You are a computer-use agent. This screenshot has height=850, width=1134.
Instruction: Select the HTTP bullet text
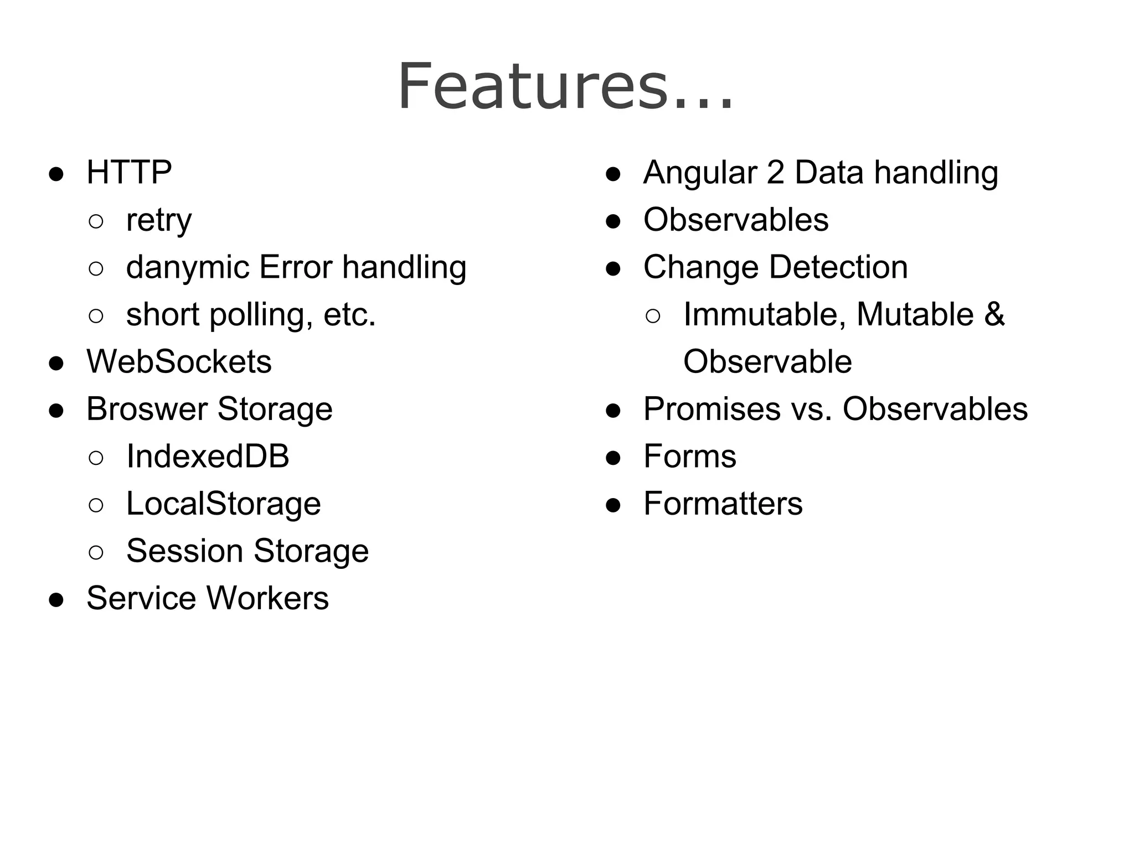coord(129,172)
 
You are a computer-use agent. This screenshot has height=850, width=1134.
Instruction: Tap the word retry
coord(159,220)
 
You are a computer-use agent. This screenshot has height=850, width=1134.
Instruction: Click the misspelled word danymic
coord(188,268)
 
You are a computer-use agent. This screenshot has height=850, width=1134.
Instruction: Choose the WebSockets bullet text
coord(179,362)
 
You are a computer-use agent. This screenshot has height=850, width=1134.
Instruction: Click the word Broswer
coord(147,410)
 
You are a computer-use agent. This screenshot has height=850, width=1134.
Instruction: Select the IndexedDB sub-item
coord(208,457)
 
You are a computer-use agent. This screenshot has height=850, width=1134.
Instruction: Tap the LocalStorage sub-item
coord(223,504)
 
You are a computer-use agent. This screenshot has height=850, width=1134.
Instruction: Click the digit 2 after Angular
coord(775,172)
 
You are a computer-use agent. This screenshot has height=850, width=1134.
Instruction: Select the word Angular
coord(699,172)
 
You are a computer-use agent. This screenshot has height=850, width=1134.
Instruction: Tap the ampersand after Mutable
coord(994,314)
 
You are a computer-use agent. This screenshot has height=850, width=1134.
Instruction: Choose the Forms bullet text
coord(689,457)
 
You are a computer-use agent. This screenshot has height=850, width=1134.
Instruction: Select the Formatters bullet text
coord(723,504)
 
